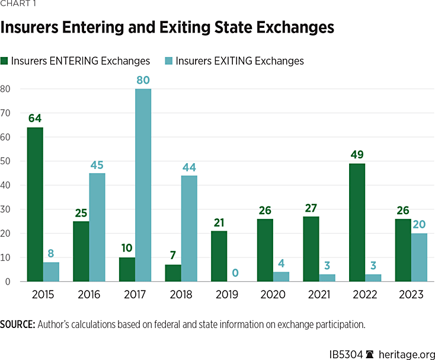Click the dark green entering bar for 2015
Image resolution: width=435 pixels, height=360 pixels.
[x=35, y=205]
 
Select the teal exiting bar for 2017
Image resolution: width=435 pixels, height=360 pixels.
[x=143, y=185]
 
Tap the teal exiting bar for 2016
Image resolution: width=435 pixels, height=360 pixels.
[x=97, y=227]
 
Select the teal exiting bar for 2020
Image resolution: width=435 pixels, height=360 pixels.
[x=282, y=277]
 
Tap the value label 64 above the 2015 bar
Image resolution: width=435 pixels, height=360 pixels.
[x=35, y=119]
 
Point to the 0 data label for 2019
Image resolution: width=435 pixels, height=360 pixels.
[x=235, y=273]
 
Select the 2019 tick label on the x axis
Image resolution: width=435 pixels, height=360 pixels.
[x=228, y=294]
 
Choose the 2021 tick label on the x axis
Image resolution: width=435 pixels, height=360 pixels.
[x=320, y=294]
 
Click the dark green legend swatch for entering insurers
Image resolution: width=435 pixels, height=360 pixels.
[x=5, y=61]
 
